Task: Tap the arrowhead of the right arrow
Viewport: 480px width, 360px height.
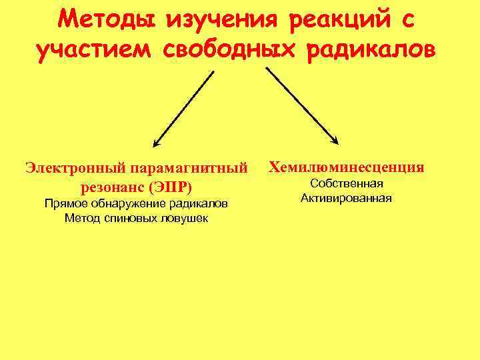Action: tap(335, 141)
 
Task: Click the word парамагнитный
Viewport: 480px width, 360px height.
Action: tap(193, 167)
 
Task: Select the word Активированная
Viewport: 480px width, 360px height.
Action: tap(346, 198)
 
